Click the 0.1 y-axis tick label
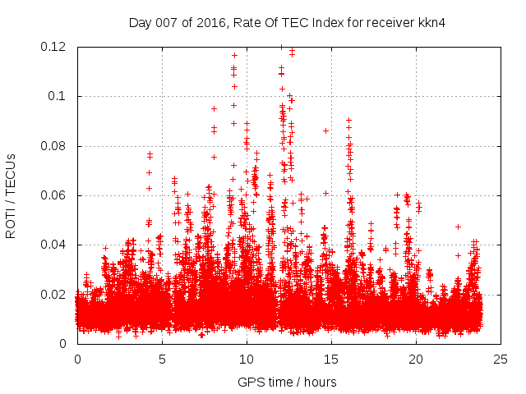click(x=59, y=96)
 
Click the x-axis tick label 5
click(x=162, y=359)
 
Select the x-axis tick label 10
click(x=247, y=359)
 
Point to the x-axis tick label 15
click(x=331, y=359)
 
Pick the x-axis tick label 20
click(x=416, y=359)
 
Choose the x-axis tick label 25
click(x=501, y=359)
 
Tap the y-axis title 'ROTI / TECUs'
click(x=12, y=195)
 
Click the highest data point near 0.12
click(x=281, y=47)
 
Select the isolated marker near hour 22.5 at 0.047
click(x=458, y=227)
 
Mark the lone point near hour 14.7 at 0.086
click(x=326, y=131)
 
